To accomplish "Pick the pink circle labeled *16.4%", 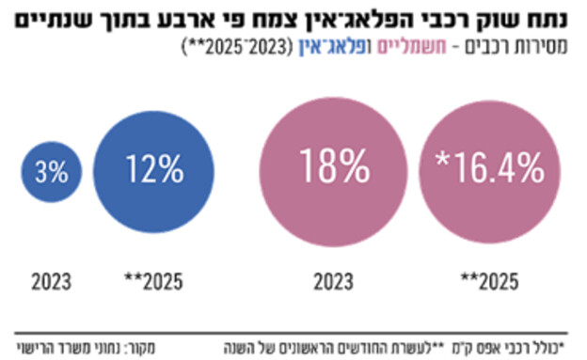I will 491,169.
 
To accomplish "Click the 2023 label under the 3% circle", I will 53,279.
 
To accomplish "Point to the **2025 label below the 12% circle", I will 153,279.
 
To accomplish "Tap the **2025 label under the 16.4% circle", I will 491,279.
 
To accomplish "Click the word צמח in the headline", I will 281,18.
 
